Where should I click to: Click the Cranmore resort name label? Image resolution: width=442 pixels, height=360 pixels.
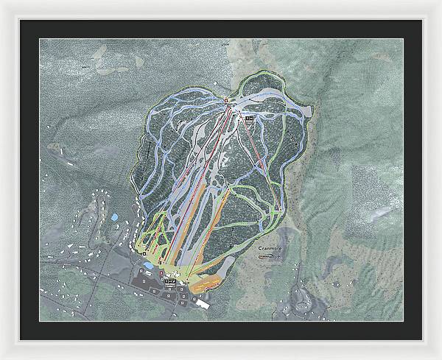(x=270, y=250)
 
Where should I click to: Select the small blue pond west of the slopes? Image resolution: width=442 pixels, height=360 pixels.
(x=114, y=218)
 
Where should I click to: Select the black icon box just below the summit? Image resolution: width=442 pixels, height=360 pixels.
(x=249, y=118)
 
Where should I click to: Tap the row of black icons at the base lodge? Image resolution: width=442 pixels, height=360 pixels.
(x=171, y=280)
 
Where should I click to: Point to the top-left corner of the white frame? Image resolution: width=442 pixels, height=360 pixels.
(x=2, y=2)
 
